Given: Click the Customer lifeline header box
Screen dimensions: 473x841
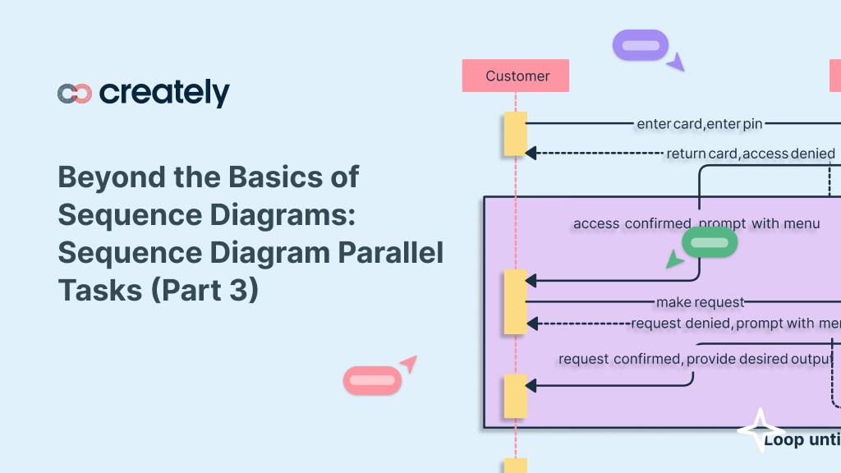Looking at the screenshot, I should point(515,76).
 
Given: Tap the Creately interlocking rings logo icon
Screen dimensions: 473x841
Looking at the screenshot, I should point(75,94).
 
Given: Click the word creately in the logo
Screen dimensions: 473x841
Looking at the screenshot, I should point(164,93).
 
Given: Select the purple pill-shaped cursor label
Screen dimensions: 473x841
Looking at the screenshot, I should point(641,45).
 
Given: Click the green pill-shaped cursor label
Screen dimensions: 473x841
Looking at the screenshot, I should point(710,242).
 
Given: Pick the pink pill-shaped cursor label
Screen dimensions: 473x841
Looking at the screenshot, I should point(372,380).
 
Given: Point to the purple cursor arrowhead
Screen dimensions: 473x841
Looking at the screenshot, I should point(676,62).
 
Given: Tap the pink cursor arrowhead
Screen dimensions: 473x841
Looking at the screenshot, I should point(408,364).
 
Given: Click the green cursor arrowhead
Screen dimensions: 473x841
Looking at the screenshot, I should point(674,260).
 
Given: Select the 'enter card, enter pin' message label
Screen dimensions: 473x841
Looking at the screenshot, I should point(699,124).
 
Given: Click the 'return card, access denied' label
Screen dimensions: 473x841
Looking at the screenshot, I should point(750,154).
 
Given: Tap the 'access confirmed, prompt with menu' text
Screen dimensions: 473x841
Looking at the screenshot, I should point(696,223).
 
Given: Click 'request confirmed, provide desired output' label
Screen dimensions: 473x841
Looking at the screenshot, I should point(695,359).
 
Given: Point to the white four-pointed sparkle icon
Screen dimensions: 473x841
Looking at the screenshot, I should point(760,430).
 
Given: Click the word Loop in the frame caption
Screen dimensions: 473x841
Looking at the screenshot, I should point(784,440).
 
